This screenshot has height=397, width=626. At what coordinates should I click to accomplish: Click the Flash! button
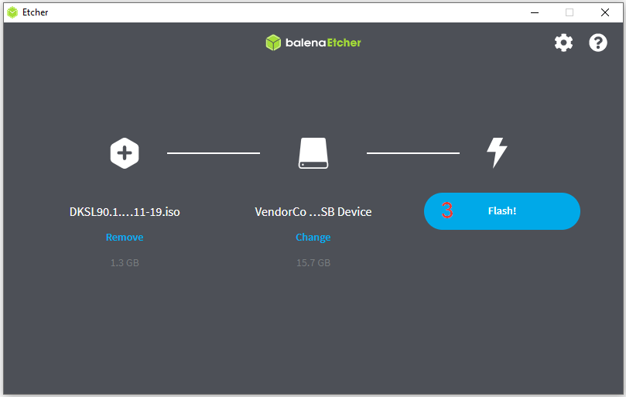click(x=502, y=211)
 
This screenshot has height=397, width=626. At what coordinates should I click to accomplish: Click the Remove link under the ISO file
click(x=125, y=237)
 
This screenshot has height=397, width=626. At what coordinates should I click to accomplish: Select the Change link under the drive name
click(x=313, y=237)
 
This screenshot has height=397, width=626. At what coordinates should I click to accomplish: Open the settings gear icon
click(x=564, y=43)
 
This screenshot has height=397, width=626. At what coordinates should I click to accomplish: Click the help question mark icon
click(x=598, y=43)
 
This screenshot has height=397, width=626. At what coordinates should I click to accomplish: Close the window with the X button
click(x=604, y=12)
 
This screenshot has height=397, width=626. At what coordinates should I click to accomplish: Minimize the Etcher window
click(x=534, y=12)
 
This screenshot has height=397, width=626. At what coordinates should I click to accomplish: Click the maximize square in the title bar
click(x=570, y=12)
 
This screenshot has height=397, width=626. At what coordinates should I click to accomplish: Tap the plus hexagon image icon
click(x=125, y=152)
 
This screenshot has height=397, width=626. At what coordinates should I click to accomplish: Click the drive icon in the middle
click(x=313, y=153)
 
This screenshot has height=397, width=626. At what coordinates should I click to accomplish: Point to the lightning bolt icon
click(x=496, y=152)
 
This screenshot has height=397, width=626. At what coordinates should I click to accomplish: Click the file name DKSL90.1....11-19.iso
click(x=125, y=211)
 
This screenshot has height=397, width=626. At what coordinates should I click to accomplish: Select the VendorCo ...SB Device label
click(x=313, y=211)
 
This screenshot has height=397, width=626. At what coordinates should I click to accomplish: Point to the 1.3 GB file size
click(x=125, y=263)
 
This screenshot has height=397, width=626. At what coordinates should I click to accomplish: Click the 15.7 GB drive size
click(x=313, y=263)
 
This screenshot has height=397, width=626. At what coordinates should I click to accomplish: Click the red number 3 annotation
click(x=447, y=210)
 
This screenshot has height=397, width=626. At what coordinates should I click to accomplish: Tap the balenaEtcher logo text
click(x=323, y=43)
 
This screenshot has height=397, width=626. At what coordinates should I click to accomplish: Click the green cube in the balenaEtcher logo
click(x=273, y=43)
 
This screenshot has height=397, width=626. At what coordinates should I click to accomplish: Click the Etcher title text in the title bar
click(x=36, y=12)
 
